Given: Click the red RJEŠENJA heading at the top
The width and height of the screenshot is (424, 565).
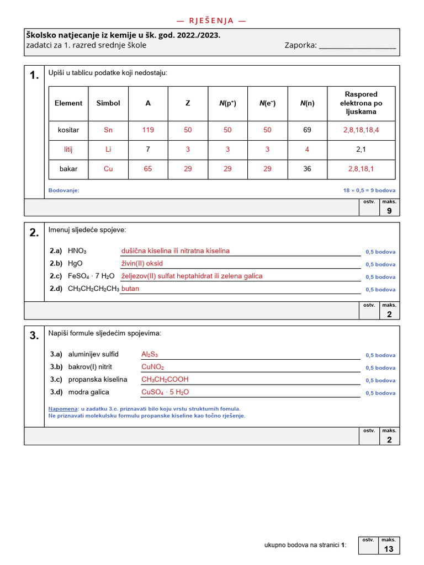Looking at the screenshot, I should coord(211,21).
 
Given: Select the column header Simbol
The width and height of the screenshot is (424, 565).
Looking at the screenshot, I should coord(108,103).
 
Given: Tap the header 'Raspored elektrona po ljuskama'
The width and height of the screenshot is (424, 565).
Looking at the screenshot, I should coord(361,103).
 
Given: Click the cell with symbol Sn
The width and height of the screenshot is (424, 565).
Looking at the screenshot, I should coord(108,130).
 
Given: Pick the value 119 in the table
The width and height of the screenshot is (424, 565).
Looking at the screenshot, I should coord(148,130).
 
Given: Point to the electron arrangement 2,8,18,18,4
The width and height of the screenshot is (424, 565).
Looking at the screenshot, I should coord(361,130).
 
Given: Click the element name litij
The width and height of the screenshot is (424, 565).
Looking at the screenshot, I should coord(68,150).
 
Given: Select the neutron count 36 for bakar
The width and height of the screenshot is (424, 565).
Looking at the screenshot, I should coord(307,169).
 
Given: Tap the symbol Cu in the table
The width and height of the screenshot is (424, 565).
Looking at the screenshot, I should coord(108,169).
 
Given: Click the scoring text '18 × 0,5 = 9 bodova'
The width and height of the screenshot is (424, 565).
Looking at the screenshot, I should coord(369,190).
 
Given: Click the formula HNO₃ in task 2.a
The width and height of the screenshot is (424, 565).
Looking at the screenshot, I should coord(77,251).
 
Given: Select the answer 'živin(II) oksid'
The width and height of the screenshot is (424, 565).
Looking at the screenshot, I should coord(142,263).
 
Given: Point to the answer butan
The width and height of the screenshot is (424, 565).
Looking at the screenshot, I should coord(130,289).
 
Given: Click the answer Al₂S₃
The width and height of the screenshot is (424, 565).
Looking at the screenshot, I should coord(150,354).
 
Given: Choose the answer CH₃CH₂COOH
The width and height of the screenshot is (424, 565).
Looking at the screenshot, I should coord(165,380).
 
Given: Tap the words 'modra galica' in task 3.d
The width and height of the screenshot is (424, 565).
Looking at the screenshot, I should coord(88,392).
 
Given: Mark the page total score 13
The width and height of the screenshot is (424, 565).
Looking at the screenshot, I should coord(389,549).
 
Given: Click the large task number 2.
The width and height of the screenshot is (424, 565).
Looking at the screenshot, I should coord(34,233).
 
